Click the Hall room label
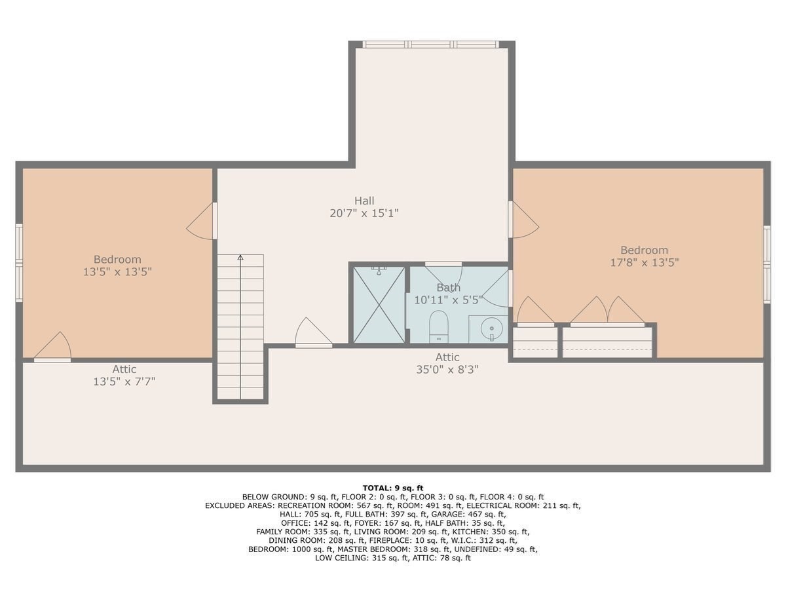(x=364, y=201)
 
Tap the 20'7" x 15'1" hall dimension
(x=364, y=214)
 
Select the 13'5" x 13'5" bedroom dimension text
(x=117, y=272)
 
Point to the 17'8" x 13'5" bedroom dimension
(x=645, y=263)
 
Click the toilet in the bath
(x=439, y=326)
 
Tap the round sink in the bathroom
(x=491, y=328)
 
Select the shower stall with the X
(x=379, y=304)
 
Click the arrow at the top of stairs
(x=240, y=258)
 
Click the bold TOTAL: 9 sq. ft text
(x=393, y=488)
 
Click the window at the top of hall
(x=430, y=45)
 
